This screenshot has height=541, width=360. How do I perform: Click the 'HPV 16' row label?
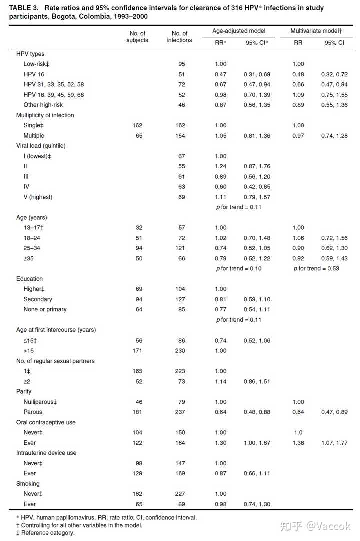[x=34, y=74]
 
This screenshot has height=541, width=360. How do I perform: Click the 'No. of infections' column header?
[x=179, y=37]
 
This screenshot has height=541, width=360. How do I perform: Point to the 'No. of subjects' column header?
[x=137, y=37]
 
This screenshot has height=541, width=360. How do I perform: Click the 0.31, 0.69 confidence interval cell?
[x=257, y=74]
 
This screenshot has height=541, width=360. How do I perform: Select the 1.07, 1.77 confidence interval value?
[x=335, y=443]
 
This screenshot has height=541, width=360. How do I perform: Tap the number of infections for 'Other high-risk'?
[x=181, y=105]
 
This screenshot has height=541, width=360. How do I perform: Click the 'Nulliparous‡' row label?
[x=40, y=402]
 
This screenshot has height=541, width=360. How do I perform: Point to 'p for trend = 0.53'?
[x=316, y=268]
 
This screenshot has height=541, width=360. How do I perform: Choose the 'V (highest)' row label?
[x=38, y=197]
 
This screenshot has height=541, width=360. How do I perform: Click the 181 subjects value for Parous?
[x=137, y=412]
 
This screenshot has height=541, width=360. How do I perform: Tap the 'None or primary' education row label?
[x=45, y=309]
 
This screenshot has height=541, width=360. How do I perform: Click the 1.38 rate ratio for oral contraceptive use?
[x=298, y=443]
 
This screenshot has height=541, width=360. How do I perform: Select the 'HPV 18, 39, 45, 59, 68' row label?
[x=54, y=95]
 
